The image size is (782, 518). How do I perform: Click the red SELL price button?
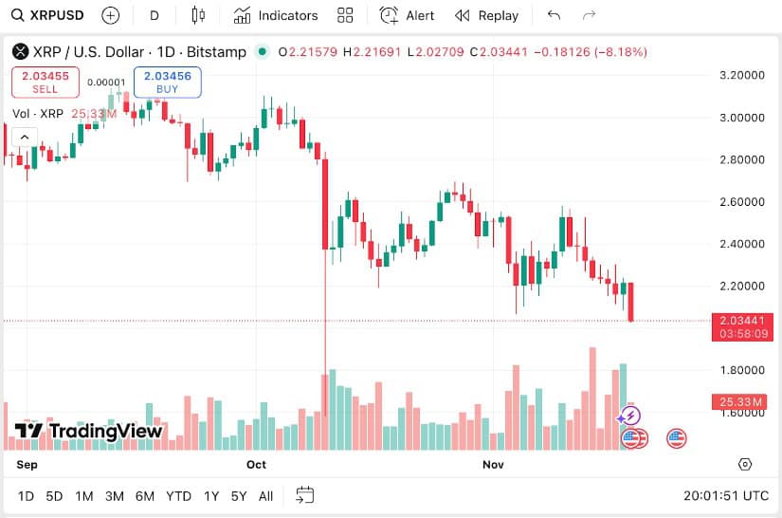pos(45,82)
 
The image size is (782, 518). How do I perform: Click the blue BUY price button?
pos(167,82)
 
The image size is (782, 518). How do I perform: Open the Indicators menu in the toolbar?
pos(276,15)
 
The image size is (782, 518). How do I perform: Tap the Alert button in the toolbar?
pos(408,15)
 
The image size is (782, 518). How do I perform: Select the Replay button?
pos(486,15)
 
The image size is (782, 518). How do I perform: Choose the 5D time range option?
pos(54,495)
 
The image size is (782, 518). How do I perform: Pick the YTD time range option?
pos(178,495)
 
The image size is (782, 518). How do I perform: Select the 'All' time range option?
pos(265,495)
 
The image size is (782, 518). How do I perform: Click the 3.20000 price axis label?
pos(742,75)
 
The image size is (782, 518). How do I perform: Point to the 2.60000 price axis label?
pos(742,201)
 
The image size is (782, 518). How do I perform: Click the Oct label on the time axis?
pos(256,464)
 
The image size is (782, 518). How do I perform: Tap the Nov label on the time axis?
pos(492,464)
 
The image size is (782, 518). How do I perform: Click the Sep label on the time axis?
pos(27,464)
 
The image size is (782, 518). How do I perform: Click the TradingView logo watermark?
pos(89,432)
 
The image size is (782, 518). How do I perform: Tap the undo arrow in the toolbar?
pos(555,15)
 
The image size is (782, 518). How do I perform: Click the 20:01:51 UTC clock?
pos(726,495)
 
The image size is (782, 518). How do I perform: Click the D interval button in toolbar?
pos(155,15)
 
